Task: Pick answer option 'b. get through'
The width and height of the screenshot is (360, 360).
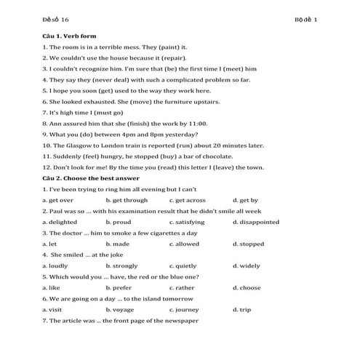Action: click(127, 200)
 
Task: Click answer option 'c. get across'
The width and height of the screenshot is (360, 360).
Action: click(188, 200)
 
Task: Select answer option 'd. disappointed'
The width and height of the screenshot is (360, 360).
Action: click(256, 222)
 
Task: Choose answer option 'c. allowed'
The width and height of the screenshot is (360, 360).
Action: click(184, 244)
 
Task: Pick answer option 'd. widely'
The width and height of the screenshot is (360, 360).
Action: click(246, 266)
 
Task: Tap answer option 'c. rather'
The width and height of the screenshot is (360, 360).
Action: click(182, 288)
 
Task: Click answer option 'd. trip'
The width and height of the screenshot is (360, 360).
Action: click(241, 310)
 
